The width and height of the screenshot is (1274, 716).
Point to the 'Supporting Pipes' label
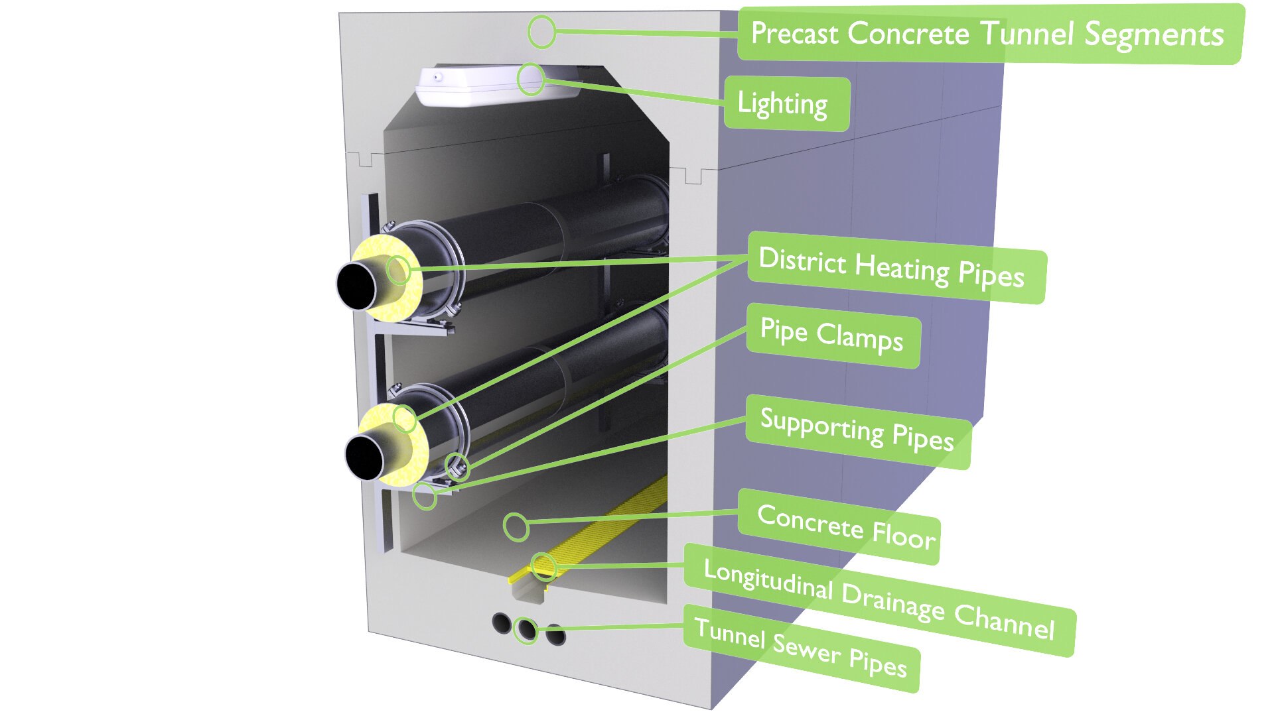point(857,430)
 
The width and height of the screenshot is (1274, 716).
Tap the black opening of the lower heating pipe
point(364,457)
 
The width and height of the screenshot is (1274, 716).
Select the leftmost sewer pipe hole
point(501,623)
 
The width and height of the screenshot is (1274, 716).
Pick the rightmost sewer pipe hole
point(555,634)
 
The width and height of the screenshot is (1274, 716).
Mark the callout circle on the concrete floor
point(516,527)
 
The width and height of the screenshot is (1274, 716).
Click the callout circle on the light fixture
point(531,80)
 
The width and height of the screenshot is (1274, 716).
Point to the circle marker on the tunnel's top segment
point(541,31)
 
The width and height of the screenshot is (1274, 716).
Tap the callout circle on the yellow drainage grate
point(543,567)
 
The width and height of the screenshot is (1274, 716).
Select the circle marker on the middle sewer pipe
point(526,630)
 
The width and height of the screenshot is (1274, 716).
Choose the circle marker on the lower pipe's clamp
point(457,467)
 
